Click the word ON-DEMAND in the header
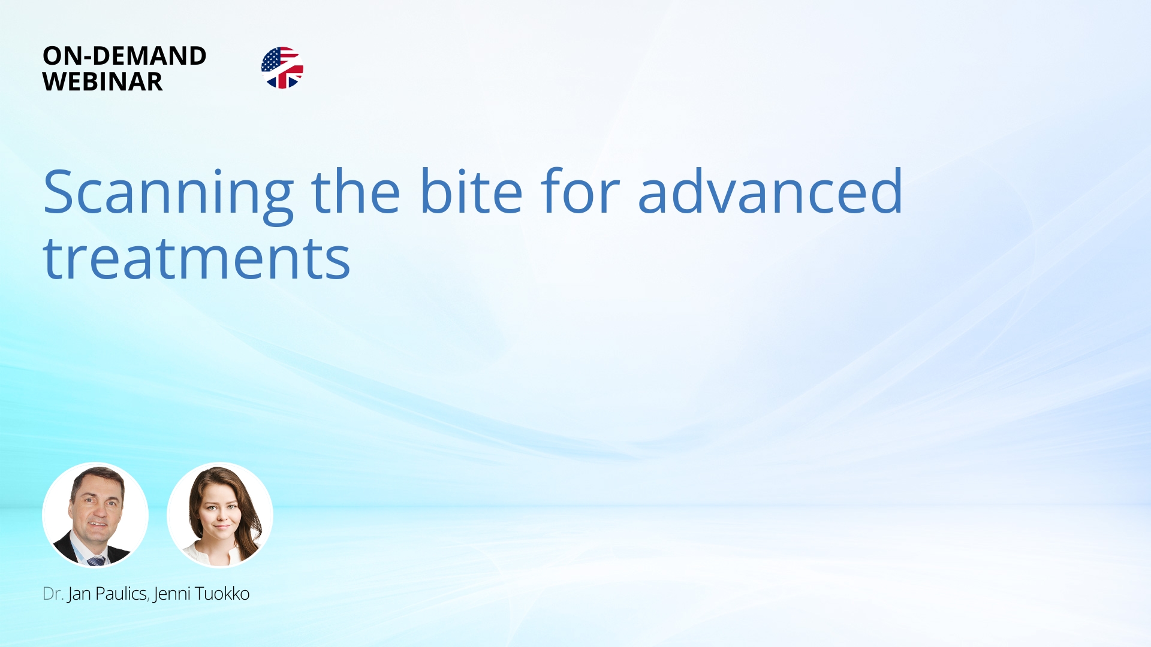pyautogui.click(x=125, y=56)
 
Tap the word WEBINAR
pyautogui.click(x=103, y=81)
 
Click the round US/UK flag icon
pyautogui.click(x=282, y=68)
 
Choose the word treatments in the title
pyautogui.click(x=197, y=258)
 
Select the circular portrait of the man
pyautogui.click(x=95, y=515)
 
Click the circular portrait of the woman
pyautogui.click(x=220, y=515)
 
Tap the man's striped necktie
pyautogui.click(x=96, y=561)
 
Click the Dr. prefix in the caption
pyautogui.click(x=53, y=594)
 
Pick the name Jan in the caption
pyautogui.click(x=79, y=594)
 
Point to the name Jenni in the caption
pyautogui.click(x=172, y=594)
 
